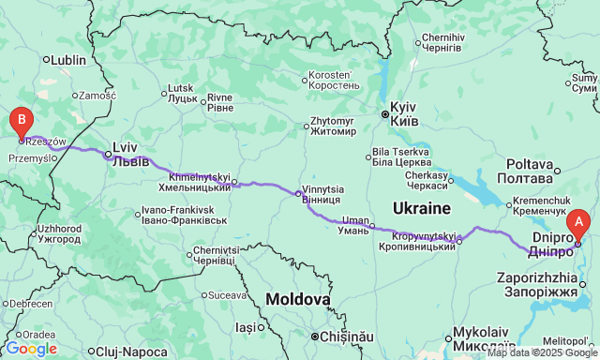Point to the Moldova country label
pyautogui.click(x=298, y=300)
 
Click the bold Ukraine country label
pyautogui.click(x=421, y=207)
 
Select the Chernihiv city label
pyautogui.click(x=442, y=42)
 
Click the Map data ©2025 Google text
pyautogui.click(x=541, y=352)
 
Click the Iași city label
pyautogui.click(x=245, y=327)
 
